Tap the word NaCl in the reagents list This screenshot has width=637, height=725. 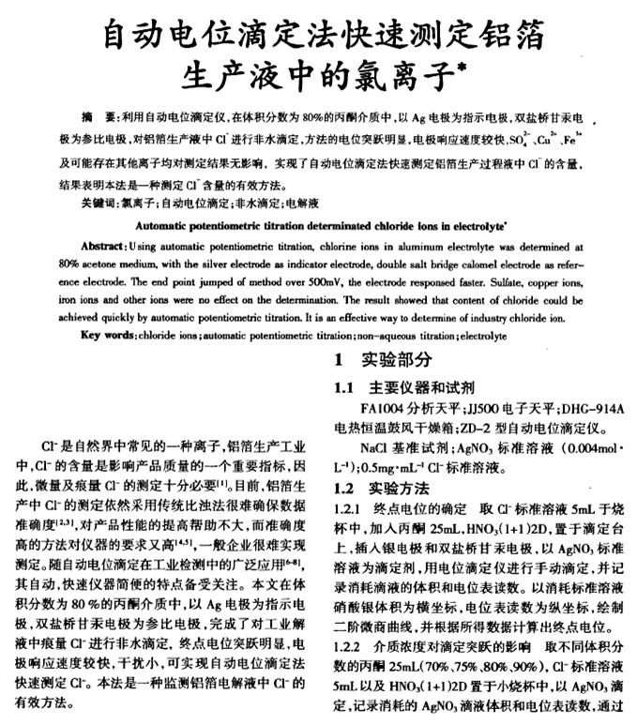[x=372, y=449]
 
